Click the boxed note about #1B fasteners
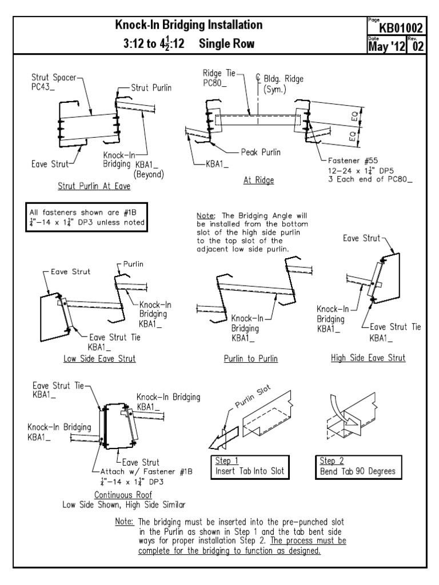tap(86, 218)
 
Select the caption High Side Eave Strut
tap(368, 358)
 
